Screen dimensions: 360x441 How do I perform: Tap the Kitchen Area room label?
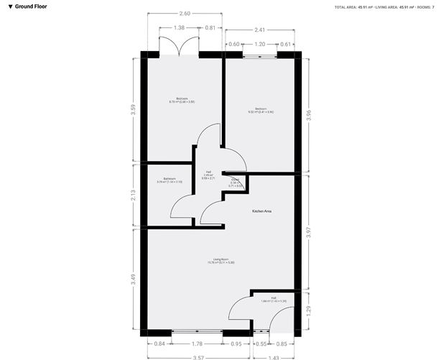coord(261,211)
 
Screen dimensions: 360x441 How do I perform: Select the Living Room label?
coord(220,260)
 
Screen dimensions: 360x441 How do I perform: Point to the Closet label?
coord(235,183)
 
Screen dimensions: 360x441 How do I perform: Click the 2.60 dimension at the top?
coord(184,14)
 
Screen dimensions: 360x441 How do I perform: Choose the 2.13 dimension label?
coord(134,195)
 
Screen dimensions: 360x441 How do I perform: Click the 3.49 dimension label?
coord(134,279)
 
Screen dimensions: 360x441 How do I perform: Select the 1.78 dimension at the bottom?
coord(198,343)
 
